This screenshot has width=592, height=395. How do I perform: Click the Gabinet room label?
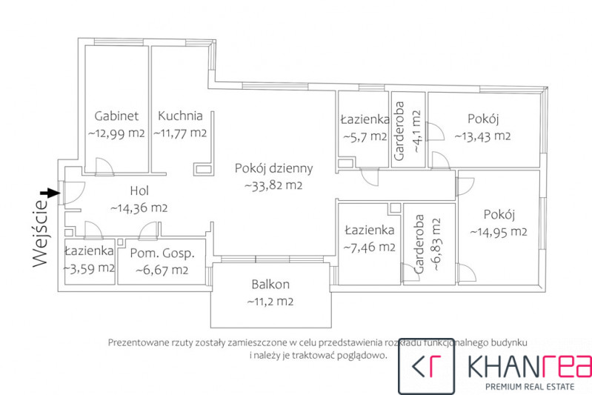tap(116, 116)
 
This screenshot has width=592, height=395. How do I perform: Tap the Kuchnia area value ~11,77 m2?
tap(180, 133)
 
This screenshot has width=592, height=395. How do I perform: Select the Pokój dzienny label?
tap(273, 168)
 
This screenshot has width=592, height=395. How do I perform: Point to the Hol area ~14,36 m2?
tap(139, 208)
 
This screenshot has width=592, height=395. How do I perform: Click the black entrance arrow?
tap(50, 193)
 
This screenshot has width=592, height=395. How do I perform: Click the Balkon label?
tap(270, 284)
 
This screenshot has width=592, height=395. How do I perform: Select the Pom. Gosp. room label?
tap(162, 253)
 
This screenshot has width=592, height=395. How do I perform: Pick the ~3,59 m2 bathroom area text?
tap(89, 268)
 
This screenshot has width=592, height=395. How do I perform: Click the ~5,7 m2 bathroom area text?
tap(365, 136)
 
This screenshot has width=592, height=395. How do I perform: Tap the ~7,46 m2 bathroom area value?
tap(369, 248)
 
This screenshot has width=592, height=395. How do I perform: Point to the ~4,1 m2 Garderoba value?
tap(416, 131)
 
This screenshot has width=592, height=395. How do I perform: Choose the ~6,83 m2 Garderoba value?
tap(436, 245)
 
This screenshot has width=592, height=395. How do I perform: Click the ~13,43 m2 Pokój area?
tap(482, 136)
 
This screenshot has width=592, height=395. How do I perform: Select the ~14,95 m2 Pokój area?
tap(499, 231)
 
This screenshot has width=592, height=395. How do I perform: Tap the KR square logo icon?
tap(426, 366)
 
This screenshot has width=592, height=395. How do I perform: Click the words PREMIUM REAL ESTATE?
tap(529, 387)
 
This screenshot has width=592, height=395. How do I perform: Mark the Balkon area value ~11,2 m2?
tap(270, 302)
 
